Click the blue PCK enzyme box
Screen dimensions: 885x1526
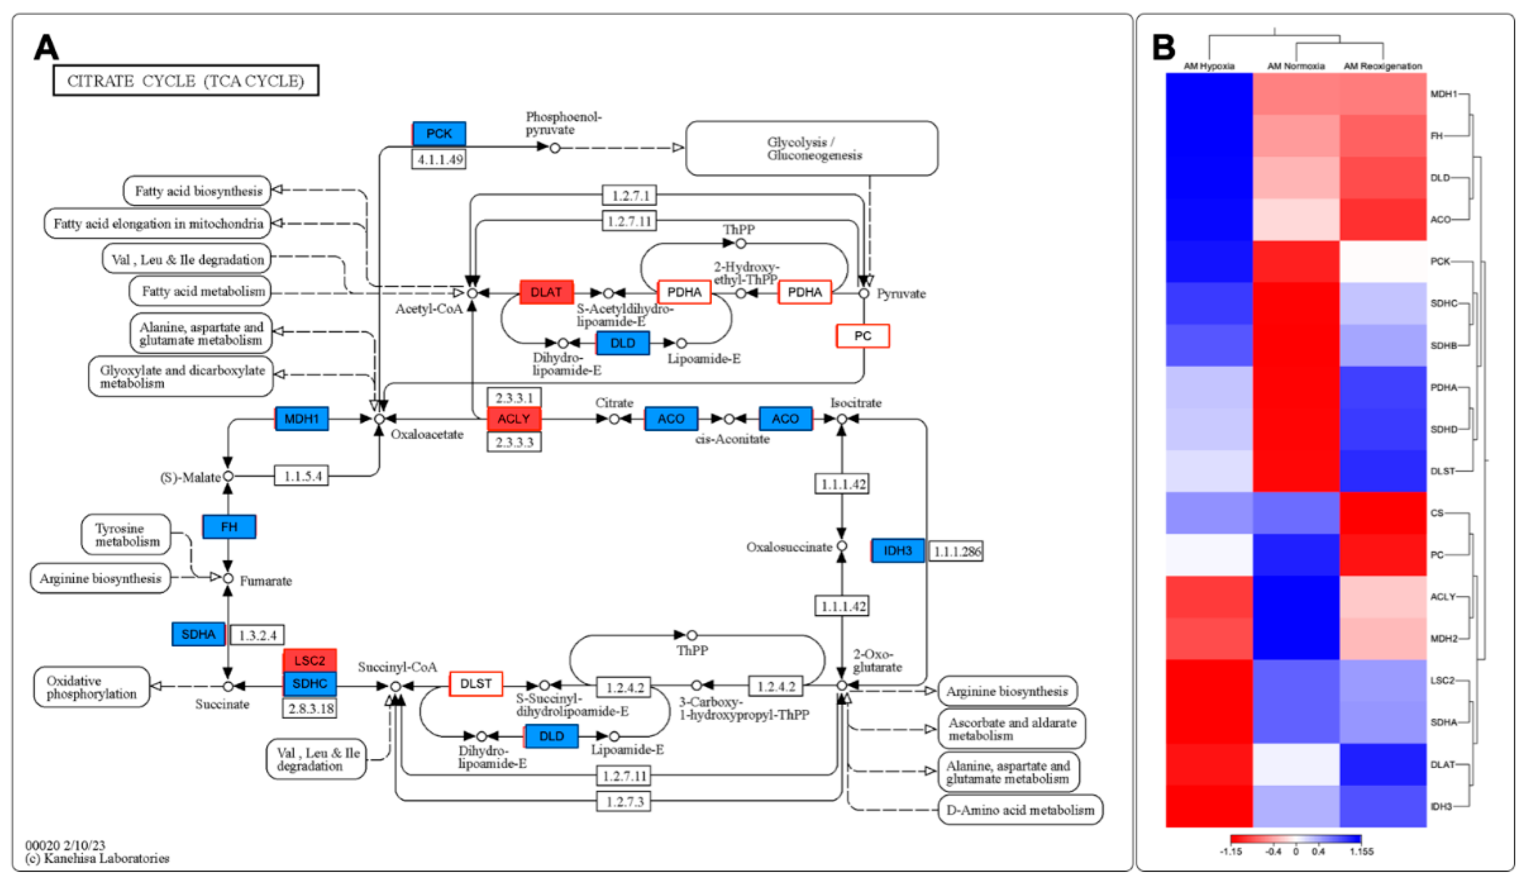coord(438,134)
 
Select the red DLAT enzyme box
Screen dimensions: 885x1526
coord(546,292)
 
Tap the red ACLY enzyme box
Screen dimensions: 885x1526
coord(513,418)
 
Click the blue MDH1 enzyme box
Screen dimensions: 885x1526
coord(301,418)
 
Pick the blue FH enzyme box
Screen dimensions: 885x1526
coord(229,527)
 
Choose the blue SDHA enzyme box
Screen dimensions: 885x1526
coord(198,634)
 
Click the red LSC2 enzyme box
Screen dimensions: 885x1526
coord(309,660)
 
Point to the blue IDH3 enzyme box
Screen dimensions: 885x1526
coord(898,551)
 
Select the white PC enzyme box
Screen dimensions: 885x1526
coord(862,336)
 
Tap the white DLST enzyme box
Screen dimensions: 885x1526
coord(475,684)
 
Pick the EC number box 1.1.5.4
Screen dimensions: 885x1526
coord(301,476)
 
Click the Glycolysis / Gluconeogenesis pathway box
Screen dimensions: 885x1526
coord(811,148)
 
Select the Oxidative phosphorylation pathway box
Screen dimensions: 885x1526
coord(91,687)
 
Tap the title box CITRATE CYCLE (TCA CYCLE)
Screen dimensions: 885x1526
coord(185,81)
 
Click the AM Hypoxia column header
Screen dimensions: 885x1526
coord(1209,66)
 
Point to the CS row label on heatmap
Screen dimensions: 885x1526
coord(1437,513)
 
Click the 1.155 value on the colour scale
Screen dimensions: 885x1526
coord(1361,852)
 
